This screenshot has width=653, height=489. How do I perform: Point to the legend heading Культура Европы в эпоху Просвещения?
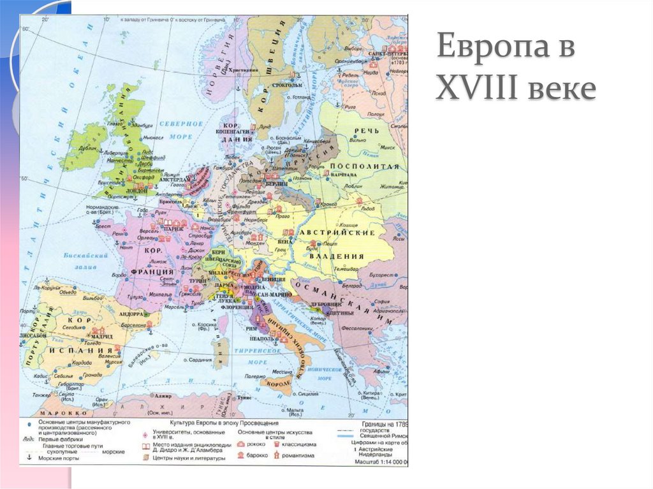pos(223,423)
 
